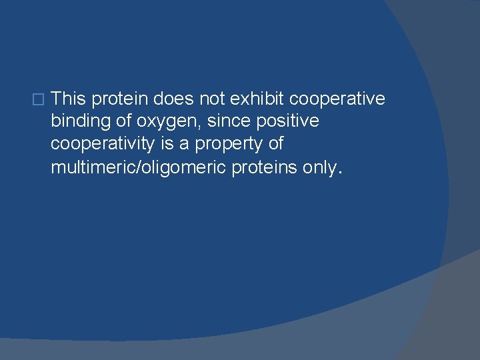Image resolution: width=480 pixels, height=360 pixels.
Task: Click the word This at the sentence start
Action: click(x=69, y=99)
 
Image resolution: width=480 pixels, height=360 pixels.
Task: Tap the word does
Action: click(x=173, y=99)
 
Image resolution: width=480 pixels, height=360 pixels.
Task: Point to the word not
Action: click(x=211, y=99)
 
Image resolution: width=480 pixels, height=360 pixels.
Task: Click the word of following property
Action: click(x=273, y=144)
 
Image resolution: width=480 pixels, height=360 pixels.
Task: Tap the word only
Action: click(x=319, y=167)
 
